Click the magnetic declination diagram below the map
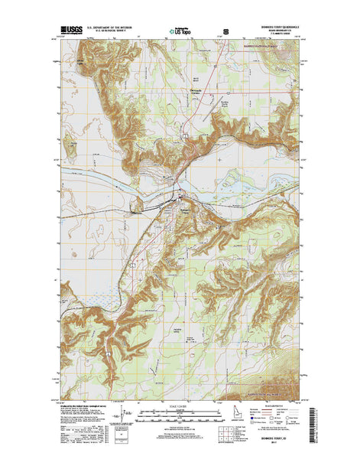coord(119,416)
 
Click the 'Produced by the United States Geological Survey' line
coord(77,405)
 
